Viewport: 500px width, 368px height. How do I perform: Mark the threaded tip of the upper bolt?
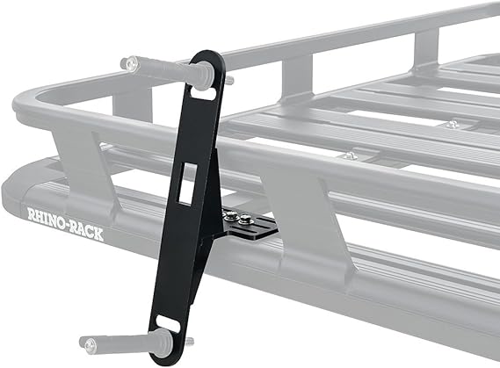point(230,80)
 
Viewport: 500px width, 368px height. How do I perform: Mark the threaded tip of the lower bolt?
point(188,341)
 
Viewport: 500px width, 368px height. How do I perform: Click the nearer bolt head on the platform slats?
point(349,156)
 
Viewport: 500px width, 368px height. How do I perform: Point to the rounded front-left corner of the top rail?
point(26,105)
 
